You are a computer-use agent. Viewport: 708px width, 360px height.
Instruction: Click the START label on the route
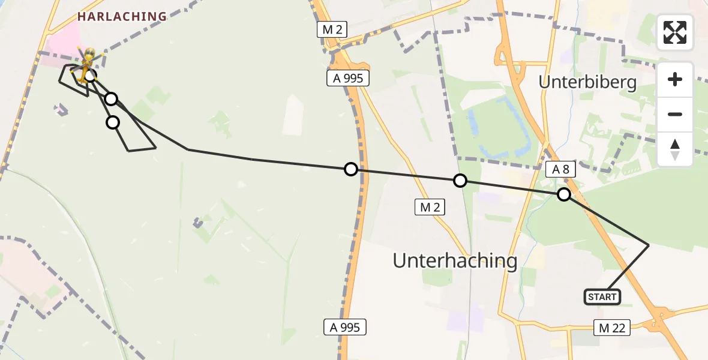tap(602, 297)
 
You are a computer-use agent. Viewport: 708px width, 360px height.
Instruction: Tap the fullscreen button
tap(675, 32)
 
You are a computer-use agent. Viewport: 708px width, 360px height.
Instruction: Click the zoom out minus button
tap(675, 114)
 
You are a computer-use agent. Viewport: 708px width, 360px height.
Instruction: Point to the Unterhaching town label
tap(455, 260)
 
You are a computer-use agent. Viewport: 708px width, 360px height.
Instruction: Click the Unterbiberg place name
tap(587, 82)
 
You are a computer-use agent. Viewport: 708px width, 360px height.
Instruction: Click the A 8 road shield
tap(560, 170)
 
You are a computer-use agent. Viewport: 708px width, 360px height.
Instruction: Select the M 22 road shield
tap(611, 327)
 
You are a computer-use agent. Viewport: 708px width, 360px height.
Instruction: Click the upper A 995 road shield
tap(348, 77)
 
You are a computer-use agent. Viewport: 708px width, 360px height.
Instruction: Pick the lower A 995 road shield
tap(344, 327)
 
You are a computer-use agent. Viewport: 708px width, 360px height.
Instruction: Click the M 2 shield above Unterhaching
tap(430, 208)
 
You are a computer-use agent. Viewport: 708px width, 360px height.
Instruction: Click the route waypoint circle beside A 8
tap(563, 194)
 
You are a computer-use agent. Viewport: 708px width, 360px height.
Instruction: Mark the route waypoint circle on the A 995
tap(351, 170)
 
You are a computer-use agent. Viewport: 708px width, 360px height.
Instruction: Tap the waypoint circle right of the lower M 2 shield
tap(460, 181)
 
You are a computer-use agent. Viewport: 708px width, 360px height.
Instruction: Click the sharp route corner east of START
tap(649, 245)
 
